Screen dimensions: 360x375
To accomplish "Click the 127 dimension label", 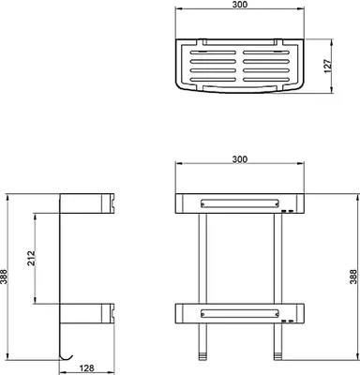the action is click(327, 66).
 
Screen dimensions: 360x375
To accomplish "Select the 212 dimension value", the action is click(31, 258).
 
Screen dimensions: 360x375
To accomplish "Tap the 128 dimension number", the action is click(85, 368).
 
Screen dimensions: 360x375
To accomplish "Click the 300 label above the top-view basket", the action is click(240, 5).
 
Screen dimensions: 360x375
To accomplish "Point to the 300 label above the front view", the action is click(240, 159).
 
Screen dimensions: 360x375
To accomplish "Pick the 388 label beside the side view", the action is click(4, 277).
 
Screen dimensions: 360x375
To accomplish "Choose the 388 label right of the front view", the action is click(353, 277).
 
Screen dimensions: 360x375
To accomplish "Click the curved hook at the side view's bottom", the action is click(67, 357).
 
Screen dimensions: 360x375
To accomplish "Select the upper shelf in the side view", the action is click(87, 203).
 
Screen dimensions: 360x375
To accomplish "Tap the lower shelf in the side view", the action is click(87, 313).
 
